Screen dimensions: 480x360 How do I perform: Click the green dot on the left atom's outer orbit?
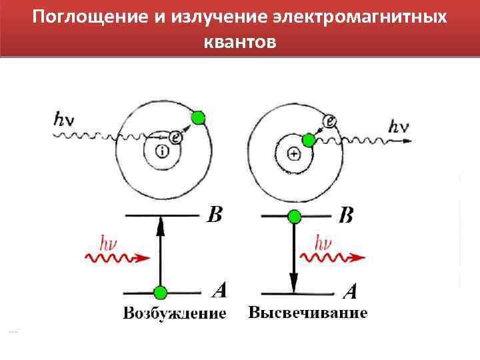point(197,118)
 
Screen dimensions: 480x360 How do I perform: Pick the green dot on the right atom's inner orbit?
point(308,140)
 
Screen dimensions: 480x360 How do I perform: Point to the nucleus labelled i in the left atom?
point(163,151)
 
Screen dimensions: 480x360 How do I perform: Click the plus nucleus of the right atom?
point(294,154)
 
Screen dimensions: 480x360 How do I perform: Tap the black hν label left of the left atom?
point(64,119)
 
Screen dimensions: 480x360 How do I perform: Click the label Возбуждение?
point(175,313)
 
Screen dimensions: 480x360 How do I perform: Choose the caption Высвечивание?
point(307,313)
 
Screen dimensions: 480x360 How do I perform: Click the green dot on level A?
point(160,293)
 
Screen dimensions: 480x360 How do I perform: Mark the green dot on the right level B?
point(294,217)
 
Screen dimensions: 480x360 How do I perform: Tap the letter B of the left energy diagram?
point(214,215)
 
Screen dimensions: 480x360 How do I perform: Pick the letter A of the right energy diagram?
point(349,291)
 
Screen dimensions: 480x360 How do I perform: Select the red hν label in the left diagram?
point(109,242)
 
